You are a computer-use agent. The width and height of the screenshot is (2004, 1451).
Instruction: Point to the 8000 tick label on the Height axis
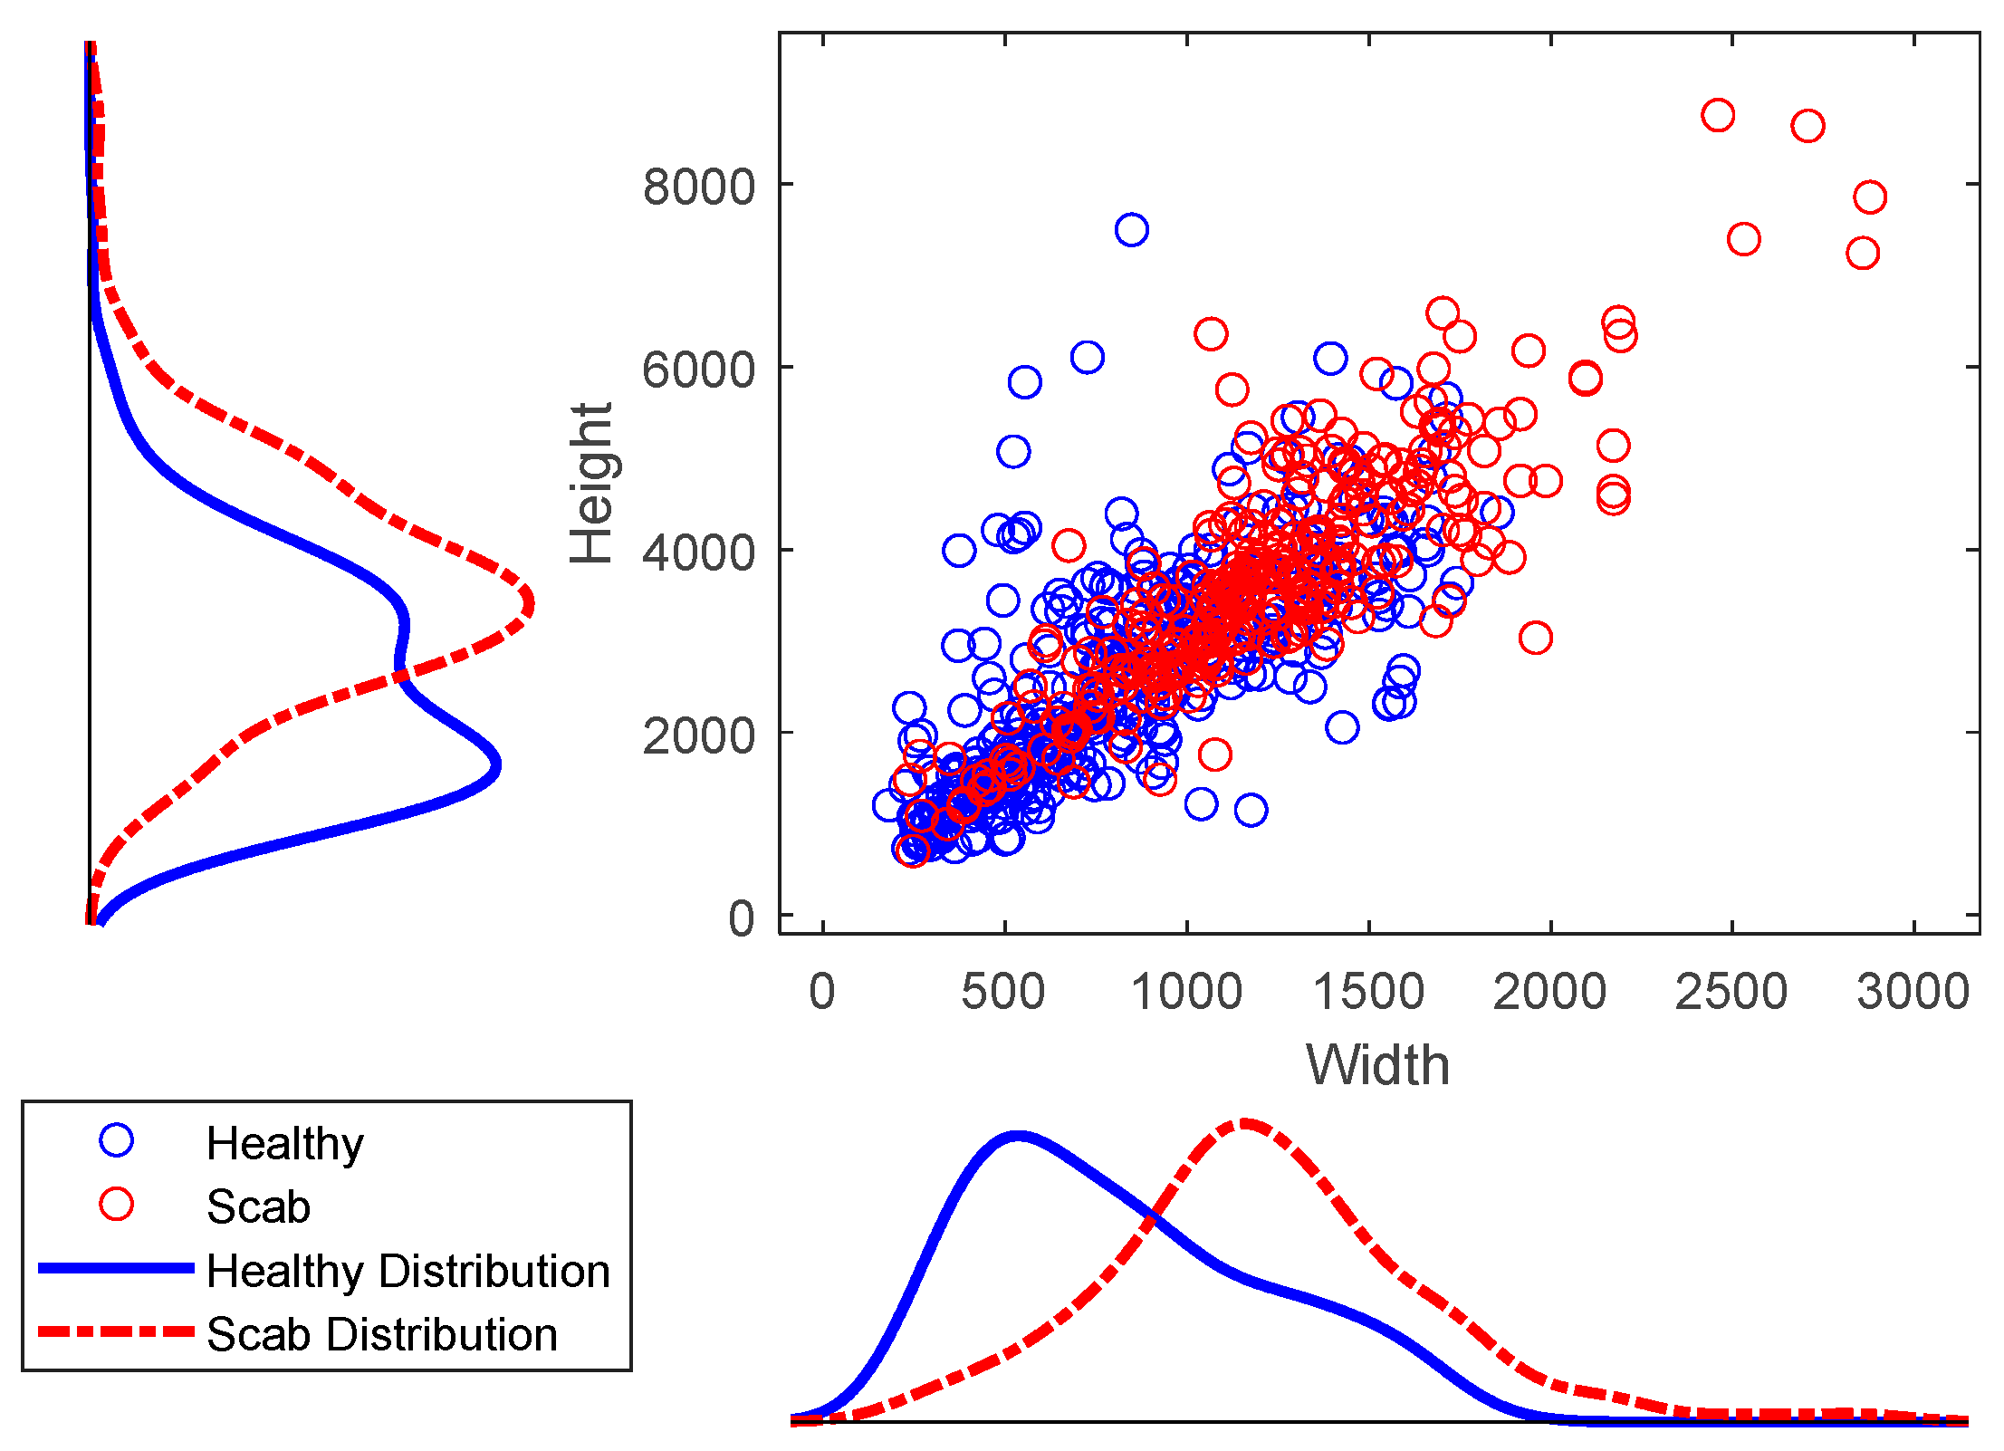pyautogui.click(x=698, y=187)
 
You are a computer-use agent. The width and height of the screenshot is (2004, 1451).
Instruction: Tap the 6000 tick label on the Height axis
pyautogui.click(x=698, y=370)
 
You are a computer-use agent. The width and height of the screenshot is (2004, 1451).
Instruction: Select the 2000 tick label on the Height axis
pyautogui.click(x=698, y=735)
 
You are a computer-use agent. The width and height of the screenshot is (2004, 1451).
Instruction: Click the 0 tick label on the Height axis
pyautogui.click(x=741, y=918)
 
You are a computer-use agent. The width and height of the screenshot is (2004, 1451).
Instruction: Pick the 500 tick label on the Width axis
pyautogui.click(x=1003, y=991)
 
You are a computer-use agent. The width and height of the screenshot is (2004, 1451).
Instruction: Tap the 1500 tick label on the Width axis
pyautogui.click(x=1368, y=991)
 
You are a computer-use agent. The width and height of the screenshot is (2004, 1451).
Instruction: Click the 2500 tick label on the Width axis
pyautogui.click(x=1731, y=991)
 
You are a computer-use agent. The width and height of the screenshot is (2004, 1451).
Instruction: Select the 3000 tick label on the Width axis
pyautogui.click(x=1913, y=991)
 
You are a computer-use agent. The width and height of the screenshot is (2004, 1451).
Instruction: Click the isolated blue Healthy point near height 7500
pyautogui.click(x=1131, y=230)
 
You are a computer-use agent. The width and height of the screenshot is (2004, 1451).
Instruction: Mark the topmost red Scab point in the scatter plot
pyautogui.click(x=1717, y=116)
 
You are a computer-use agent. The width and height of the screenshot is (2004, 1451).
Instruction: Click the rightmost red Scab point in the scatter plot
pyautogui.click(x=1869, y=197)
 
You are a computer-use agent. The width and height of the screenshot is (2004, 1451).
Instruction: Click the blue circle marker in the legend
pyautogui.click(x=117, y=1140)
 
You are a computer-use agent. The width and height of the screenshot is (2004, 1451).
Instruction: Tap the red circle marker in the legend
pyautogui.click(x=117, y=1205)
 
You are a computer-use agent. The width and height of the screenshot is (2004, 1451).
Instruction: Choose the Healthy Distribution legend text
pyautogui.click(x=408, y=1270)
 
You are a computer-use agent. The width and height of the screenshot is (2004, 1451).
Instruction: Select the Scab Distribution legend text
pyautogui.click(x=381, y=1334)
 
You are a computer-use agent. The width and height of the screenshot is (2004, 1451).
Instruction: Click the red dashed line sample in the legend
pyautogui.click(x=117, y=1332)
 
